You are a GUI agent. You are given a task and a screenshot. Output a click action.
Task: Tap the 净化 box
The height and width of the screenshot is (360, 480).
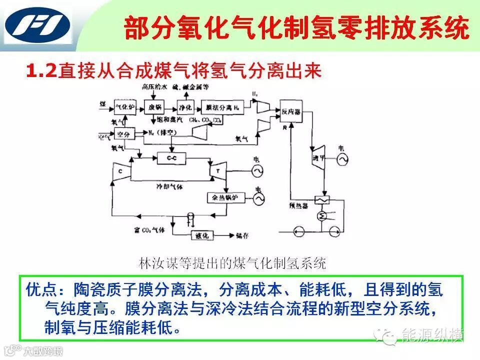pos(185,107)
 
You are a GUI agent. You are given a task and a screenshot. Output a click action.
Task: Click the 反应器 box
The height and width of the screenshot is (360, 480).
pos(290,111)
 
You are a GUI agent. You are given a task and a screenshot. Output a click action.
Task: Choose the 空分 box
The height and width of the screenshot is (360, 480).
pos(123,134)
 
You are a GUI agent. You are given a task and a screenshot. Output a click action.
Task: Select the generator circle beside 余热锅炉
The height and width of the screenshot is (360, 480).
pos(258,199)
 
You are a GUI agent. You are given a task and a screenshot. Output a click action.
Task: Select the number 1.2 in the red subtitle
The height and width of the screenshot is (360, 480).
pos(42,70)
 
